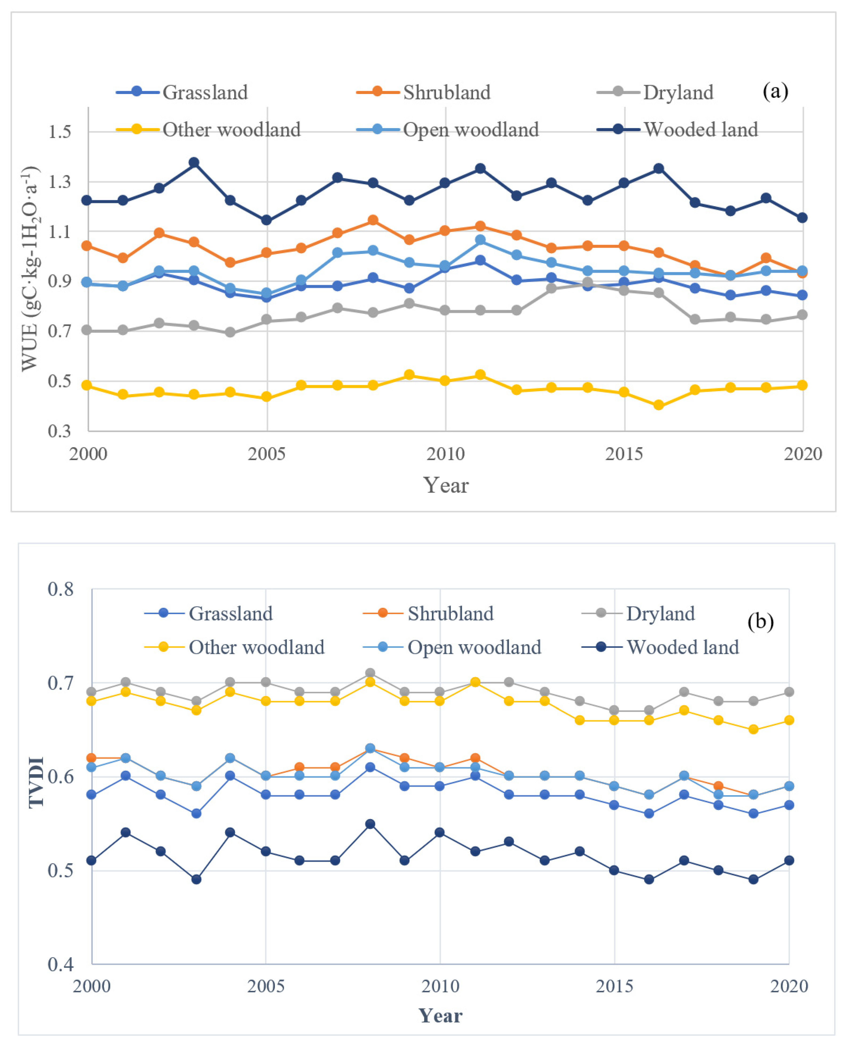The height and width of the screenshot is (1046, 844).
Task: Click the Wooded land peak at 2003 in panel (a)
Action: (x=194, y=162)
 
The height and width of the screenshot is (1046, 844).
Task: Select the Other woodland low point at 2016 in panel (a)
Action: (x=659, y=405)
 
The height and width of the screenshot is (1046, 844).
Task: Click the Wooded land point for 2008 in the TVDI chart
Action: (x=370, y=824)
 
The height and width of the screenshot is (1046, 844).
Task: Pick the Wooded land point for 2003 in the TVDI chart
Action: (x=196, y=879)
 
